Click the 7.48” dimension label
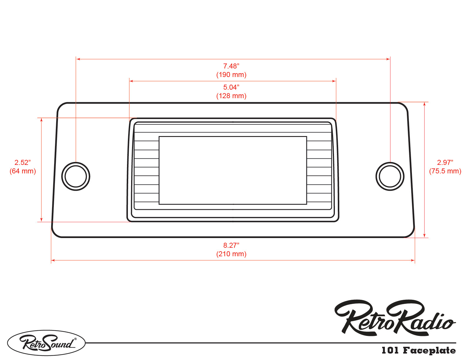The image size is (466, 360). (231, 66)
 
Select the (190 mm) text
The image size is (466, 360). (231, 75)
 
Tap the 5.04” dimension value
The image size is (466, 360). (231, 87)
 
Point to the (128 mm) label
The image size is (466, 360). (231, 96)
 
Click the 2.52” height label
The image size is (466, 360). (23, 163)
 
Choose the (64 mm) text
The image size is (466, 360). (23, 171)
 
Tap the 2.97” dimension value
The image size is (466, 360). (445, 163)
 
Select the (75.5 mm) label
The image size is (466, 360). (445, 171)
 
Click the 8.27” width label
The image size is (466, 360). (231, 245)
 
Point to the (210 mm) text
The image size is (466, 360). (231, 254)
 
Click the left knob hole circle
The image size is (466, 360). (76, 176)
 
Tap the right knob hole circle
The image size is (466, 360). (390, 176)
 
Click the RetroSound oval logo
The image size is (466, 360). (46, 343)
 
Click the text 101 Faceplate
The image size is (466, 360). (418, 350)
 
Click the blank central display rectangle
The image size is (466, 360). (233, 170)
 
